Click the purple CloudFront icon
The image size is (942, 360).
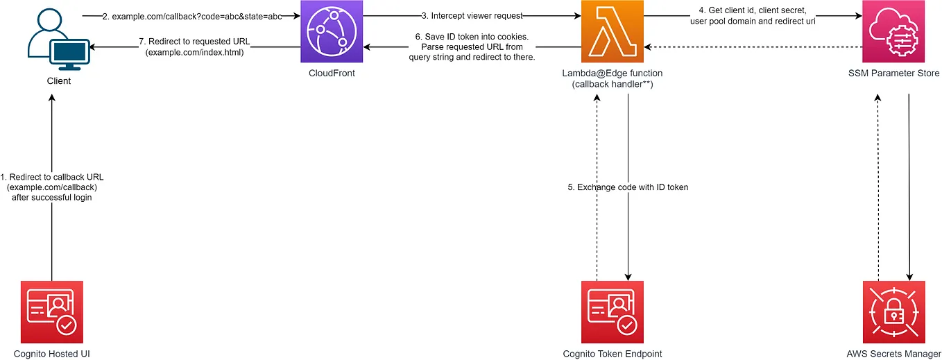coord(331,31)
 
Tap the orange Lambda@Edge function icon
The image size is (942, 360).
coord(613,31)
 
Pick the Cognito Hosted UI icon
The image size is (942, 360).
coord(52,312)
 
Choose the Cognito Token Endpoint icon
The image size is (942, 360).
coord(613,312)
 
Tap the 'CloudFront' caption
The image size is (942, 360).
coord(332,74)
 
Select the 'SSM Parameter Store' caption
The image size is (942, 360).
coord(893,74)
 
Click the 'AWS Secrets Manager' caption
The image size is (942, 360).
coord(893,354)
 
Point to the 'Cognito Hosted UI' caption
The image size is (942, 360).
coord(52,354)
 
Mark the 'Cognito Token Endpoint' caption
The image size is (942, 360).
coord(613,354)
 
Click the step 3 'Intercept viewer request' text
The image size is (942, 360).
coord(472,15)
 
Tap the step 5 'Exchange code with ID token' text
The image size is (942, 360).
coord(628,187)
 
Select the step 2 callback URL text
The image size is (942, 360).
coord(191,15)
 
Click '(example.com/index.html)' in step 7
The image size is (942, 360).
coord(195,51)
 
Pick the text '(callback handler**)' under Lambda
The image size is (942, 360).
coord(613,85)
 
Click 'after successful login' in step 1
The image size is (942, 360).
coord(52,198)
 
